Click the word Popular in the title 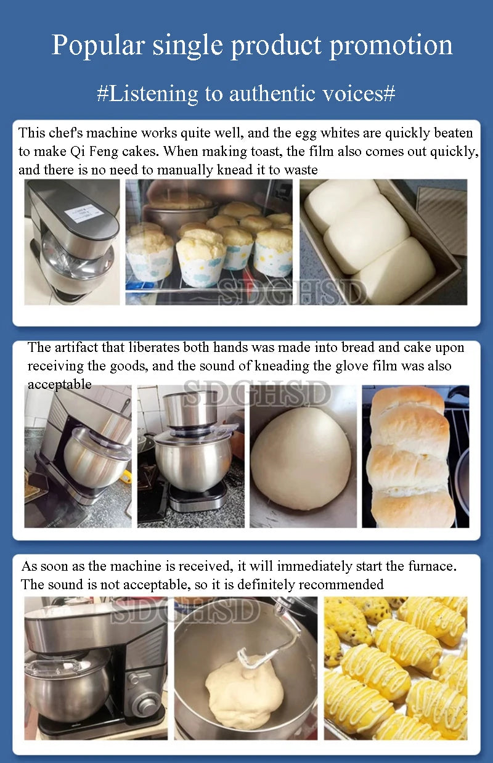pos(98,46)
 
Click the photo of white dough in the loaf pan pos(383,242)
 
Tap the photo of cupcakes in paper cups pos(209,242)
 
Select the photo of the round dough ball pos(303,457)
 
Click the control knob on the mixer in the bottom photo pos(142,704)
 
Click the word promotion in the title pos(391,46)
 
